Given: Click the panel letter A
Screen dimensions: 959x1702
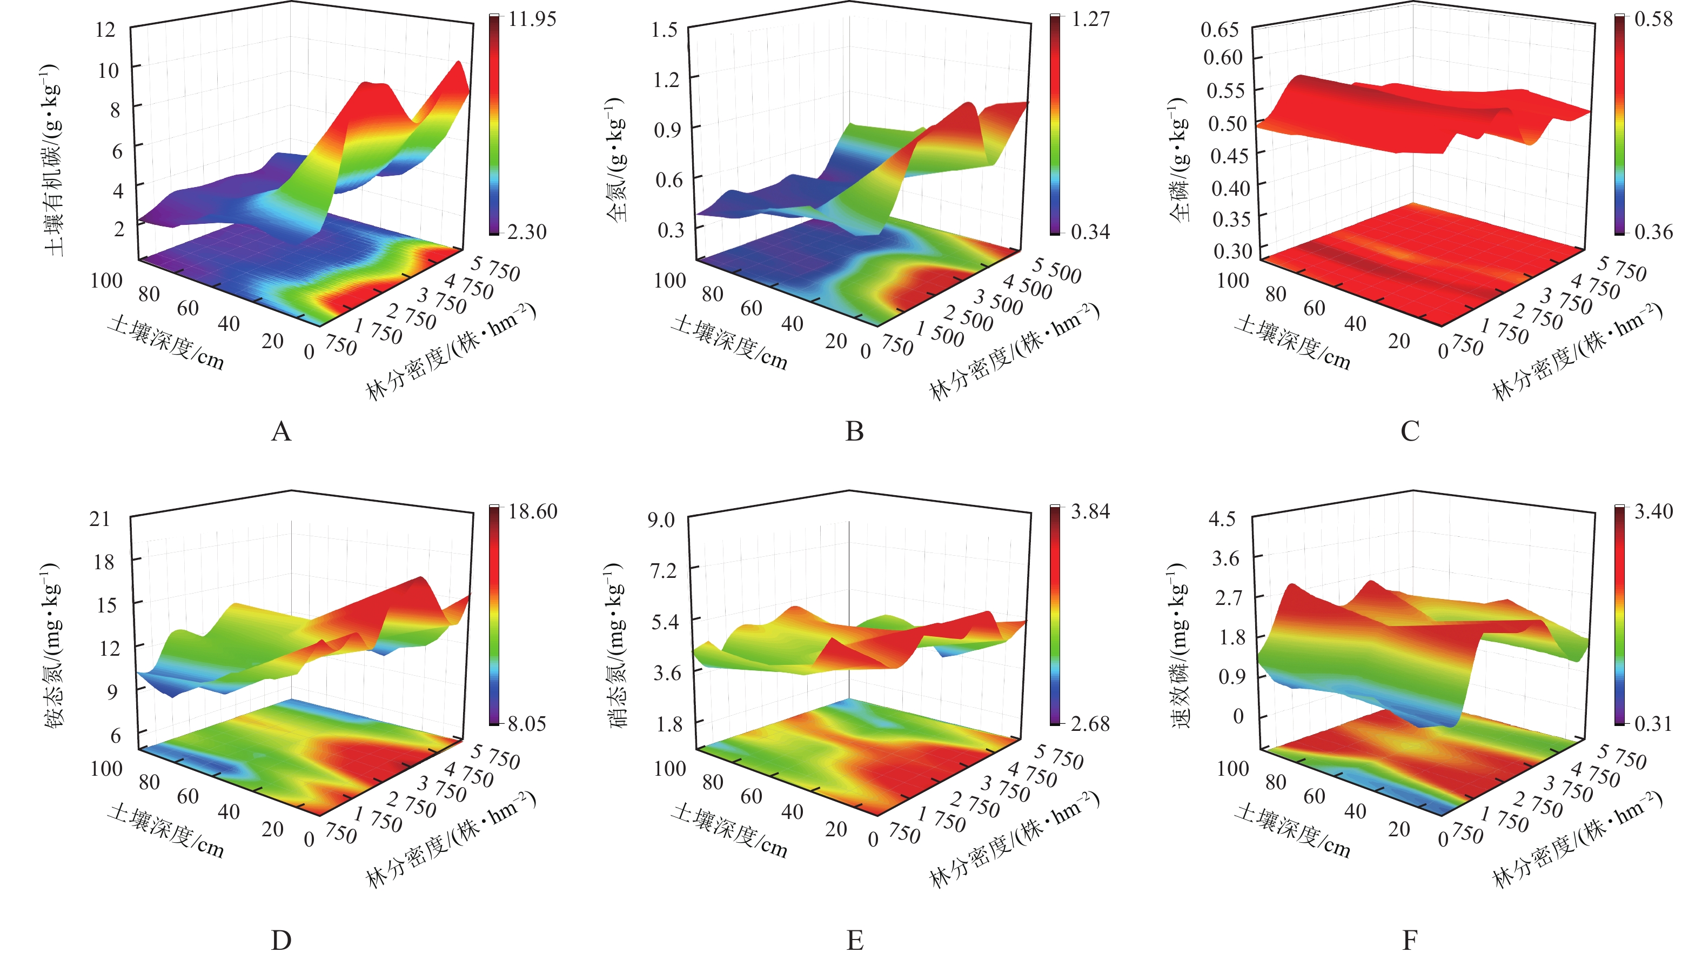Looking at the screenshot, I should click(x=281, y=431).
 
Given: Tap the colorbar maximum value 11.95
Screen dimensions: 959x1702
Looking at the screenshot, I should click(x=532, y=18).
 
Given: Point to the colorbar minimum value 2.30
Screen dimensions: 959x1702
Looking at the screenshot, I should click(x=527, y=232).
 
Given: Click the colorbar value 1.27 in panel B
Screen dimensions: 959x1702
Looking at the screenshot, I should click(x=1090, y=18).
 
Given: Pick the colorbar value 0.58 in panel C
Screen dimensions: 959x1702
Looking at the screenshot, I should click(x=1654, y=18).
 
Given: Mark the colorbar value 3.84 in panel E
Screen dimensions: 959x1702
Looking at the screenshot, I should click(x=1090, y=511).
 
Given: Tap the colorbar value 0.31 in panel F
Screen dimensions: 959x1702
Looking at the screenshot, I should click(x=1654, y=724).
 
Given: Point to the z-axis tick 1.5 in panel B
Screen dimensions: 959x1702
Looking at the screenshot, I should click(x=664, y=29).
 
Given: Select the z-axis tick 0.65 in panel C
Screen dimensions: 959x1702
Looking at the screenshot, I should click(x=1219, y=29).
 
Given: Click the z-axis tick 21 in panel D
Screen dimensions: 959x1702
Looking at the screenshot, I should click(x=100, y=519).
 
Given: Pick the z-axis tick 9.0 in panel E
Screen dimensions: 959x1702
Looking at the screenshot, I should click(x=661, y=520).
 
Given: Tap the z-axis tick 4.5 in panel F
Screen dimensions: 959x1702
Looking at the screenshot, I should click(x=1222, y=519).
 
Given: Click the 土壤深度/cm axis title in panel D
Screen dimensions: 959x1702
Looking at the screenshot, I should click(x=166, y=831).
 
